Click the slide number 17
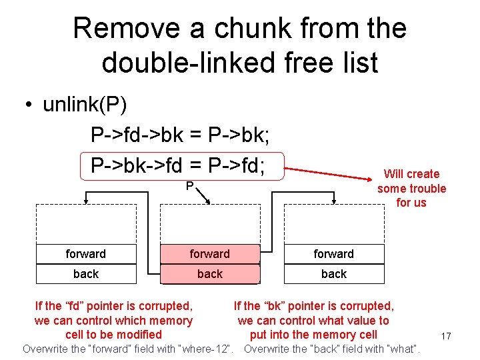tap(446, 336)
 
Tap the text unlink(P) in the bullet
tap(85, 105)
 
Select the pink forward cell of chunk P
tap(209, 254)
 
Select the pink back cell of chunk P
tap(209, 274)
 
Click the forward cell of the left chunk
tap(85, 254)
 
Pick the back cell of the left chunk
tap(85, 274)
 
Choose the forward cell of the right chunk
tap(333, 254)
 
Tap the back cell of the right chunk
tap(333, 274)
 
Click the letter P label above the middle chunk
tap(190, 186)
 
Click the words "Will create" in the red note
tap(411, 174)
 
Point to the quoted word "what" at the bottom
tap(402, 349)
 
